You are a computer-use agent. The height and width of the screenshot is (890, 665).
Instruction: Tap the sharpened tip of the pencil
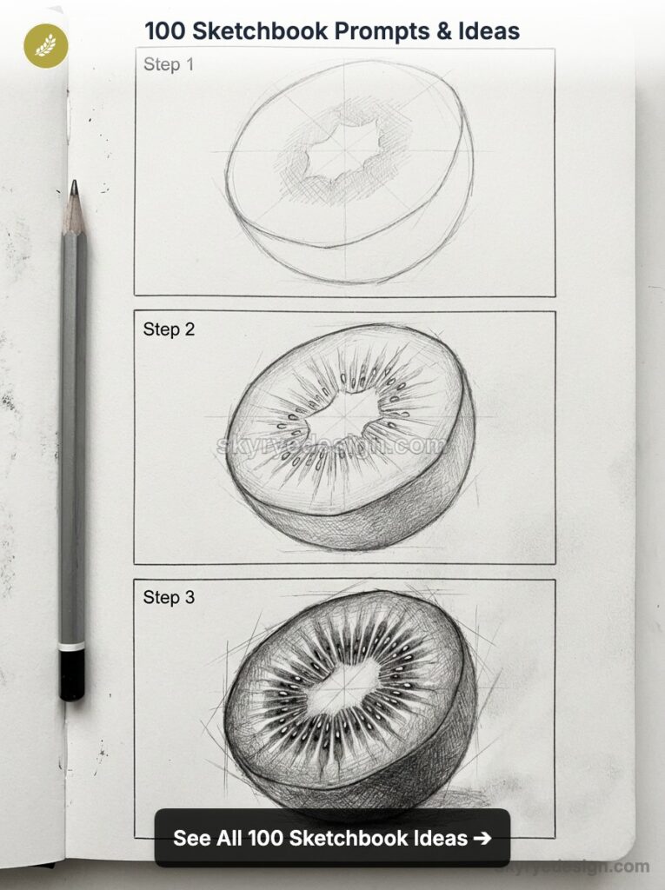[74, 187]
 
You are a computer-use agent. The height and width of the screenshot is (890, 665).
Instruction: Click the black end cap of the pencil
[72, 675]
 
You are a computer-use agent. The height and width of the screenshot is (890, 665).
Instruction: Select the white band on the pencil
[72, 647]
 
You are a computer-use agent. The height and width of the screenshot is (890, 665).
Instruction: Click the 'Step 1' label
[169, 64]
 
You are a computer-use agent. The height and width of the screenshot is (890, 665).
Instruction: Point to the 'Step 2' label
[169, 329]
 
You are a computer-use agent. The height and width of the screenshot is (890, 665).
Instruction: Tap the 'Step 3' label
[169, 597]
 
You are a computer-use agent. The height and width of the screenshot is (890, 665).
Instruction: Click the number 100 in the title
[164, 32]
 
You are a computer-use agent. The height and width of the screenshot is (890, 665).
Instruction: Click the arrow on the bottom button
[482, 839]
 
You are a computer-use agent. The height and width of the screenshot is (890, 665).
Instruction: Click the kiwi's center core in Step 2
[342, 414]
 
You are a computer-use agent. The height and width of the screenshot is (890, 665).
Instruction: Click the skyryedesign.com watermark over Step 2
[330, 446]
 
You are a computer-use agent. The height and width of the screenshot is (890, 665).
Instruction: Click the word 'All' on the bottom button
[229, 839]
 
